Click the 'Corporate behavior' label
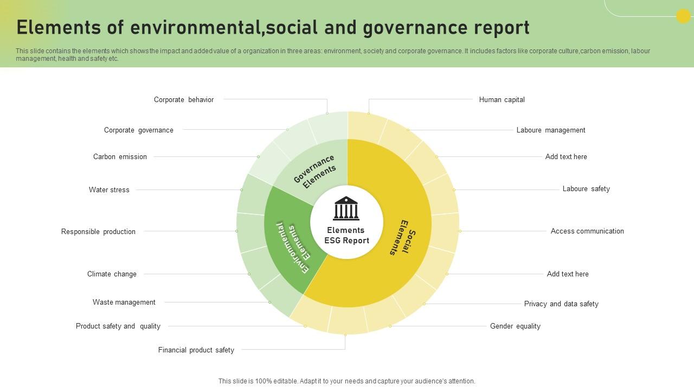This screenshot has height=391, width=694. point(184,99)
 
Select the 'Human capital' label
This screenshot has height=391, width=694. point(502,99)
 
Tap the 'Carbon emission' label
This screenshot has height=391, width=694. point(120,157)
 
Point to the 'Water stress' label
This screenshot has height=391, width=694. point(109,190)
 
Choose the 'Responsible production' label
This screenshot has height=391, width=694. point(98,231)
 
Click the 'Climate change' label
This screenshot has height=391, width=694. point(112,274)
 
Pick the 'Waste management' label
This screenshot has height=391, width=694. point(124,302)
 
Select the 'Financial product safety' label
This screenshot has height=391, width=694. point(196,350)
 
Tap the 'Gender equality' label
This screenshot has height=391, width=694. point(515,326)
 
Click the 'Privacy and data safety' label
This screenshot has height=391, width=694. point(561,304)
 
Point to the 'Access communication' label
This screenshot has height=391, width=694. point(587,231)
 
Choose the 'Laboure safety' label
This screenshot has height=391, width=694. point(586,188)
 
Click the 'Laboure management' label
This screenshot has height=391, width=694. point(551,130)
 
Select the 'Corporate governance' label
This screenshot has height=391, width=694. point(138,130)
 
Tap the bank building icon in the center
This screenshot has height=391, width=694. point(346,208)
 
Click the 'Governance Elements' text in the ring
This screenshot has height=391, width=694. point(315,172)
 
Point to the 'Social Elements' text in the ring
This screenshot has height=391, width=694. point(403,238)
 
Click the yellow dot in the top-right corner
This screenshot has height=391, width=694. point(683,16)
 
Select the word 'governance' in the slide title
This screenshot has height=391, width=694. point(415,28)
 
